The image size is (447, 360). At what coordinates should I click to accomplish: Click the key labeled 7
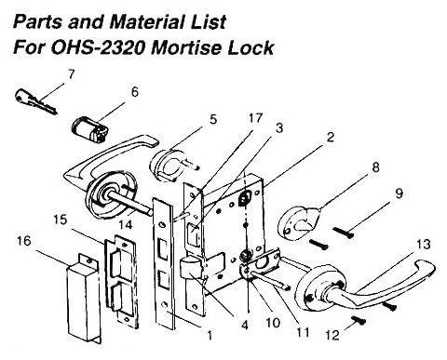[x=34, y=101]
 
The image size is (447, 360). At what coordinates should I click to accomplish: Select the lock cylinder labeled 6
[x=90, y=129]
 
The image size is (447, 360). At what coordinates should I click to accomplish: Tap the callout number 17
[x=255, y=118]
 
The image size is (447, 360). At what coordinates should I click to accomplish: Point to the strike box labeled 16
[x=84, y=298]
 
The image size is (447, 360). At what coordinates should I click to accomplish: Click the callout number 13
[x=424, y=245]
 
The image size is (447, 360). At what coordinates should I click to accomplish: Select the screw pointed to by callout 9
[x=343, y=233]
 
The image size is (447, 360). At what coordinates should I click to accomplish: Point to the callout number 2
[x=331, y=137]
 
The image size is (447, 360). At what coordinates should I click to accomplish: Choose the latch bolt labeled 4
[x=190, y=267]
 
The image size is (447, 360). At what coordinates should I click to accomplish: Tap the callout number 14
[x=126, y=225]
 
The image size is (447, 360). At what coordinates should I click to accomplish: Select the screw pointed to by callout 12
[x=359, y=321]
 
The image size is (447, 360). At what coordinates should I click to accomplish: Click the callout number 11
[x=303, y=332]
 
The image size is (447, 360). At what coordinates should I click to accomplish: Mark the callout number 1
[x=210, y=335]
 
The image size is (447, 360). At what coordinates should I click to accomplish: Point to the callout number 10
[x=273, y=323]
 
